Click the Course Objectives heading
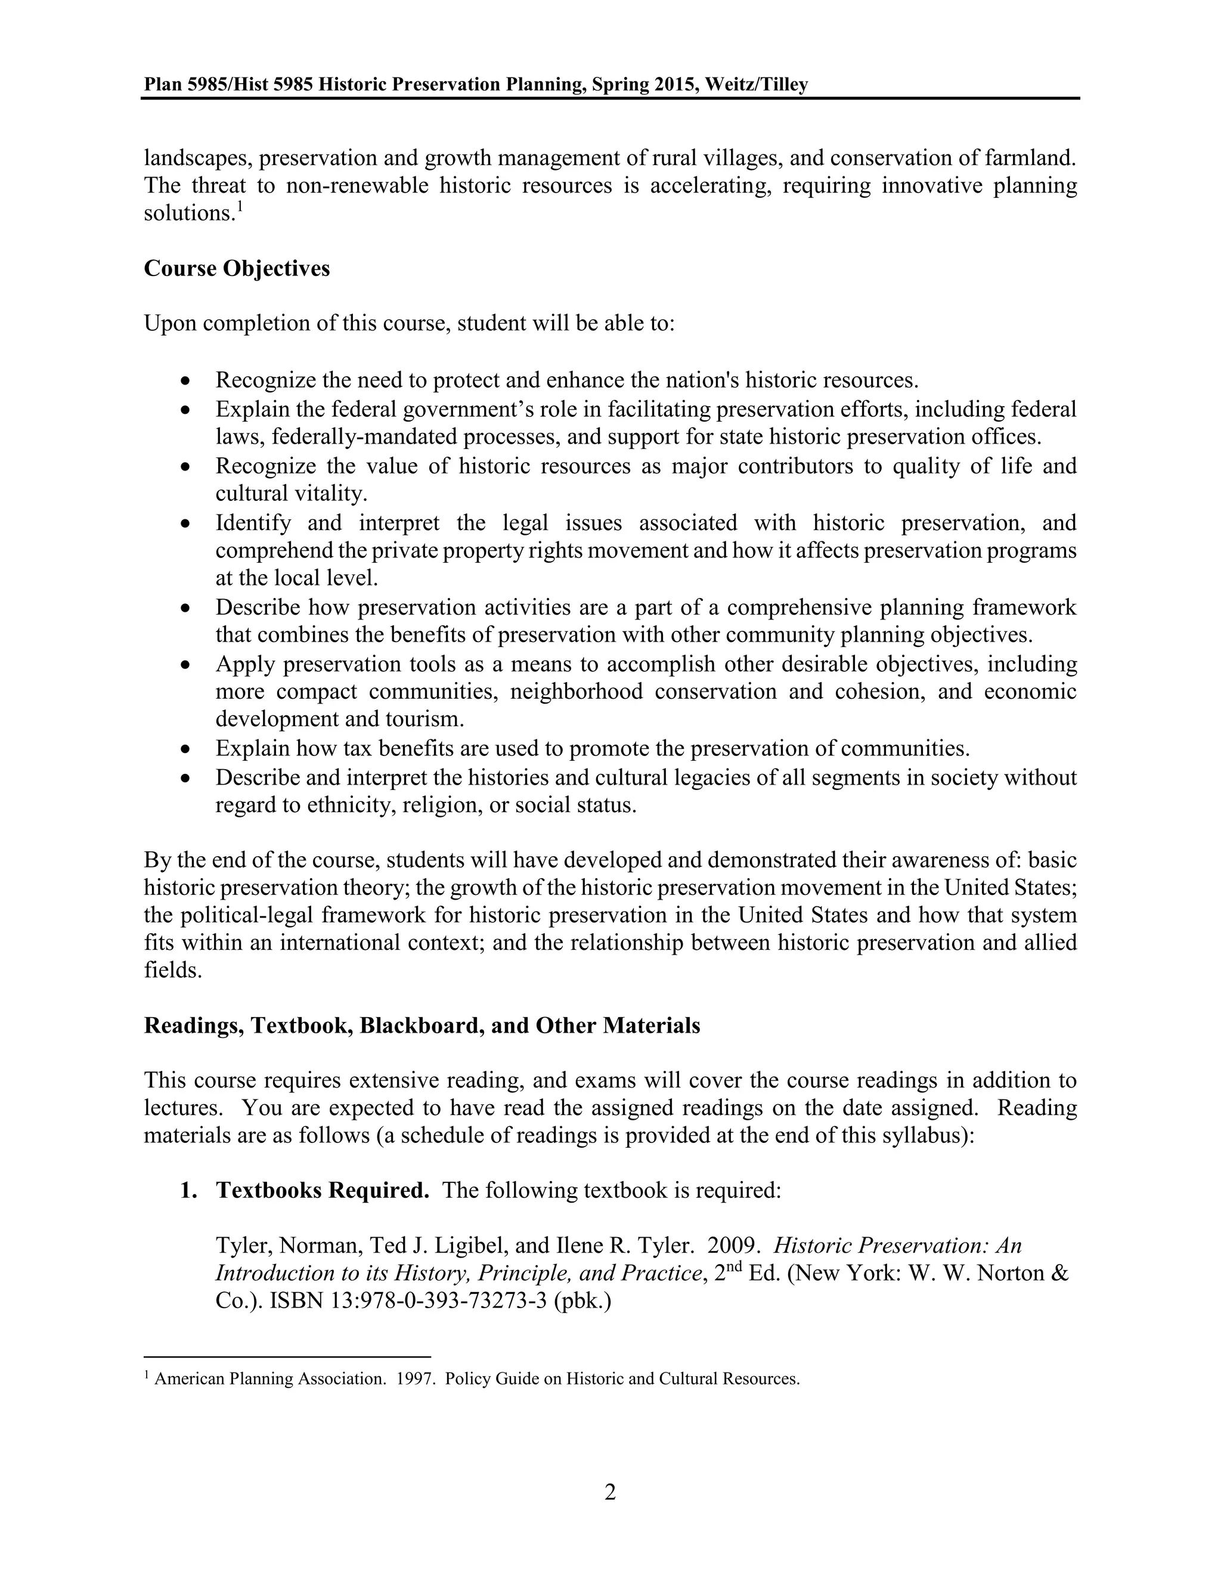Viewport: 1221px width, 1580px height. (237, 268)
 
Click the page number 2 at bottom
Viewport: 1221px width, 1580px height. (610, 1492)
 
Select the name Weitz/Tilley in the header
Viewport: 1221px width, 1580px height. (756, 85)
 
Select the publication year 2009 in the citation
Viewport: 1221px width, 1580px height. (733, 1246)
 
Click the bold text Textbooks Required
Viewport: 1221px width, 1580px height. (323, 1191)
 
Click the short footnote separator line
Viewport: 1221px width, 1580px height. (287, 1356)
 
